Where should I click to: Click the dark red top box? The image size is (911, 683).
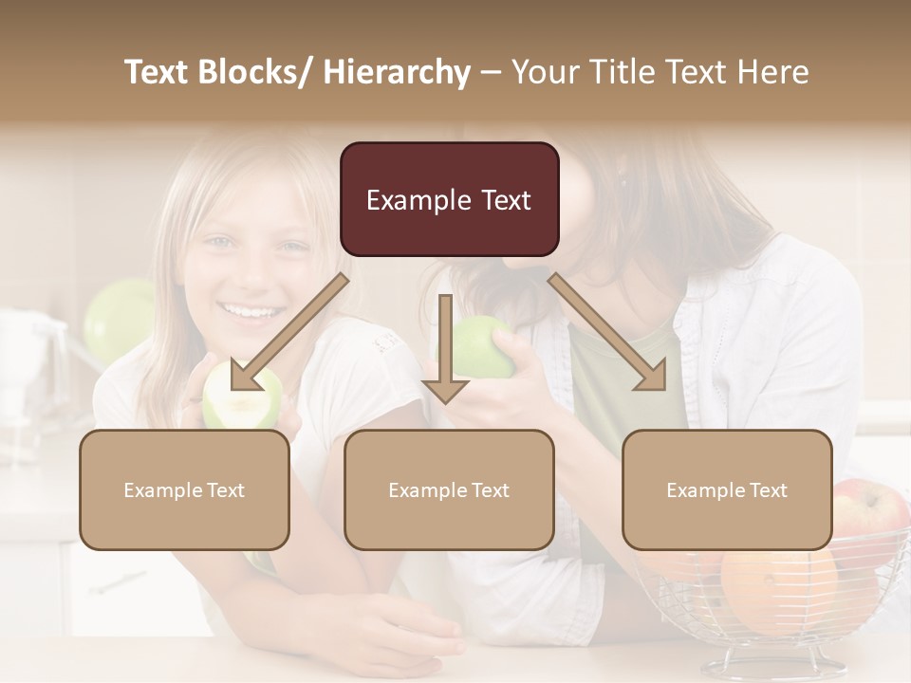[x=449, y=199]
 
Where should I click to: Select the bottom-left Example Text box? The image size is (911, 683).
[x=184, y=489]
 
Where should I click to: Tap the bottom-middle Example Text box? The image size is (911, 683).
[x=449, y=489]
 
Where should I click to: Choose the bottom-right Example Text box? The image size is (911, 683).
[x=727, y=489]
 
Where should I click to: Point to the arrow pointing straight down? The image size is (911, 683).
[x=445, y=351]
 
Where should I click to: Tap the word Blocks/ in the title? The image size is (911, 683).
[x=252, y=72]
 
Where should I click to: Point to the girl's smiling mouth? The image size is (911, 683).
[x=251, y=309]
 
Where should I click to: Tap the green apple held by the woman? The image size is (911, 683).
[x=481, y=346]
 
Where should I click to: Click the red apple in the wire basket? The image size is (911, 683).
[x=871, y=517]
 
